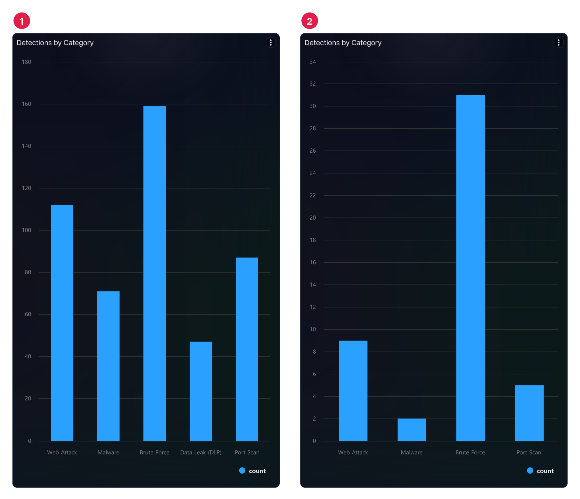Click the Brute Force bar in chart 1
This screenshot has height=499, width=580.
(155, 273)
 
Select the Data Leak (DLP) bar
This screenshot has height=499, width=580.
(201, 391)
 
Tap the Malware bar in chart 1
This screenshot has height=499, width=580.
(108, 366)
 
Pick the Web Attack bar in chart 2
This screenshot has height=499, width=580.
(353, 390)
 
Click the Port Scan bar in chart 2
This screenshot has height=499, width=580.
(529, 413)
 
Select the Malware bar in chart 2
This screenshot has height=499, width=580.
(412, 429)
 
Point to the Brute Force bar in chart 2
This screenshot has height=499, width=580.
(470, 268)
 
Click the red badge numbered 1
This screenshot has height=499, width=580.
(22, 21)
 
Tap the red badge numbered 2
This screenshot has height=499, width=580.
(310, 21)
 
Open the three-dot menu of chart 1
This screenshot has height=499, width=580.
(270, 42)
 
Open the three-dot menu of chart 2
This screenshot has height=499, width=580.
(558, 42)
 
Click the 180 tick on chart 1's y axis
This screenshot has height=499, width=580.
(27, 62)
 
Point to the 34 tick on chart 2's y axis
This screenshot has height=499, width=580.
(313, 62)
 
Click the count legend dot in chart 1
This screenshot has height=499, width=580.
(242, 471)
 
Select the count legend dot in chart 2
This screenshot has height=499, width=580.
(530, 471)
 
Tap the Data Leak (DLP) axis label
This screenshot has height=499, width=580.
(201, 452)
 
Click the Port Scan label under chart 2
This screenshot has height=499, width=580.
(529, 452)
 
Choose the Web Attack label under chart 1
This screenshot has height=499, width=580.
(62, 452)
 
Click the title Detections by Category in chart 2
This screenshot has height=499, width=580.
(343, 43)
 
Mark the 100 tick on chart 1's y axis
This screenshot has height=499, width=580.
(27, 230)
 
